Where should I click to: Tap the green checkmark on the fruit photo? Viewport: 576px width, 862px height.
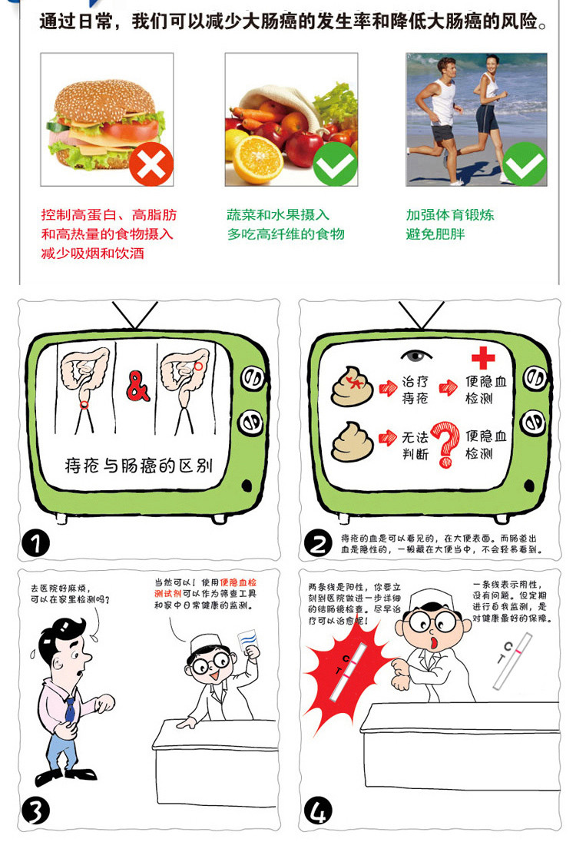(336, 164)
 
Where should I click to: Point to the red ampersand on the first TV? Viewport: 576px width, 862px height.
(138, 388)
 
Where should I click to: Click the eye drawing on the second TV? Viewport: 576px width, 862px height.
(417, 356)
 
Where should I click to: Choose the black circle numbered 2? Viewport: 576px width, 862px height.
(317, 543)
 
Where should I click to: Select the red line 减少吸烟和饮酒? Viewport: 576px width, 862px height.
(92, 253)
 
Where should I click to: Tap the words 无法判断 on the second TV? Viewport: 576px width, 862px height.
(415, 446)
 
